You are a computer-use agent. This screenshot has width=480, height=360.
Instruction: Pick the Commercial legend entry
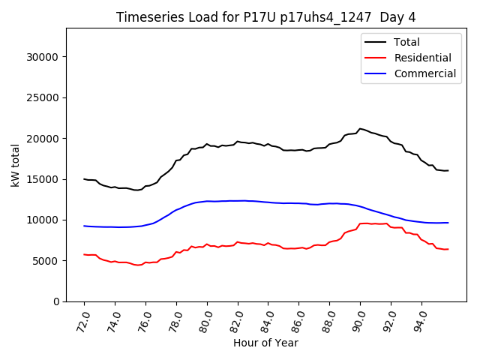point(424,73)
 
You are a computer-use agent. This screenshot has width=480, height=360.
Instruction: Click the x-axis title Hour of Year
point(265,343)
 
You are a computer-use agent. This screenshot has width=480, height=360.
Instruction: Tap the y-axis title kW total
point(15,165)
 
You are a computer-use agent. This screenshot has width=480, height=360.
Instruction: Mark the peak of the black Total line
point(360,129)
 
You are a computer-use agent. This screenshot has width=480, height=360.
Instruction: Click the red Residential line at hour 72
point(85,254)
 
